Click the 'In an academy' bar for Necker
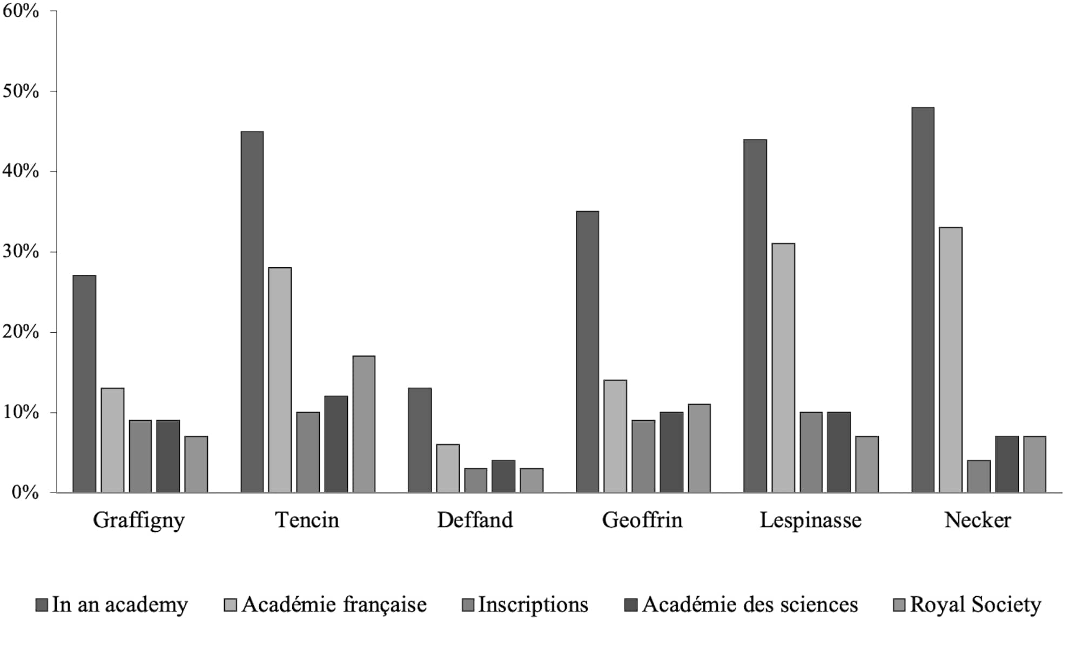tap(923, 300)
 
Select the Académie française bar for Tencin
tap(280, 380)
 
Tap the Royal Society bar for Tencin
tap(364, 424)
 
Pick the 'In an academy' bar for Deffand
tap(420, 440)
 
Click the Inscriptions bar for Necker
tap(978, 476)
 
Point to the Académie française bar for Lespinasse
tap(783, 368)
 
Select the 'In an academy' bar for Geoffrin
tap(587, 352)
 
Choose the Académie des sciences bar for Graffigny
tap(168, 456)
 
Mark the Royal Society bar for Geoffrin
tap(699, 448)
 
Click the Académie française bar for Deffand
tap(448, 468)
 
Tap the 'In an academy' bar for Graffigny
tap(84, 384)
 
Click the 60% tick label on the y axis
tap(21, 11)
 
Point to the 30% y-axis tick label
tap(21, 252)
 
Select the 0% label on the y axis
tap(25, 492)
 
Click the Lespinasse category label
tap(810, 520)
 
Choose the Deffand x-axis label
tap(475, 520)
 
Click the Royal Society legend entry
tap(975, 605)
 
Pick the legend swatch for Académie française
tap(230, 605)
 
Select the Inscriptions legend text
tap(533, 605)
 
